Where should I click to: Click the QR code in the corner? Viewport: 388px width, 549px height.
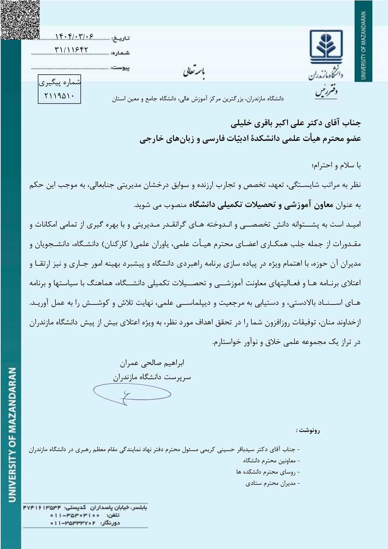19,19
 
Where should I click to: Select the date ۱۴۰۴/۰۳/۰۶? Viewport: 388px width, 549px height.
74,37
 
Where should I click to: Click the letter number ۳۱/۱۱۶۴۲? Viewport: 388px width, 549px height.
72,50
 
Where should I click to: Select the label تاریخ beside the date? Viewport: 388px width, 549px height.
121,38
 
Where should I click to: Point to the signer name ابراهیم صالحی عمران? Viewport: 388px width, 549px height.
152,364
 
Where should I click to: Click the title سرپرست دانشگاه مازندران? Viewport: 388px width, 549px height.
152,377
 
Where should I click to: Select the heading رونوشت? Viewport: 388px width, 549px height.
308,430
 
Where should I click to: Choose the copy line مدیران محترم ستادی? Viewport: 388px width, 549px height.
273,483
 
